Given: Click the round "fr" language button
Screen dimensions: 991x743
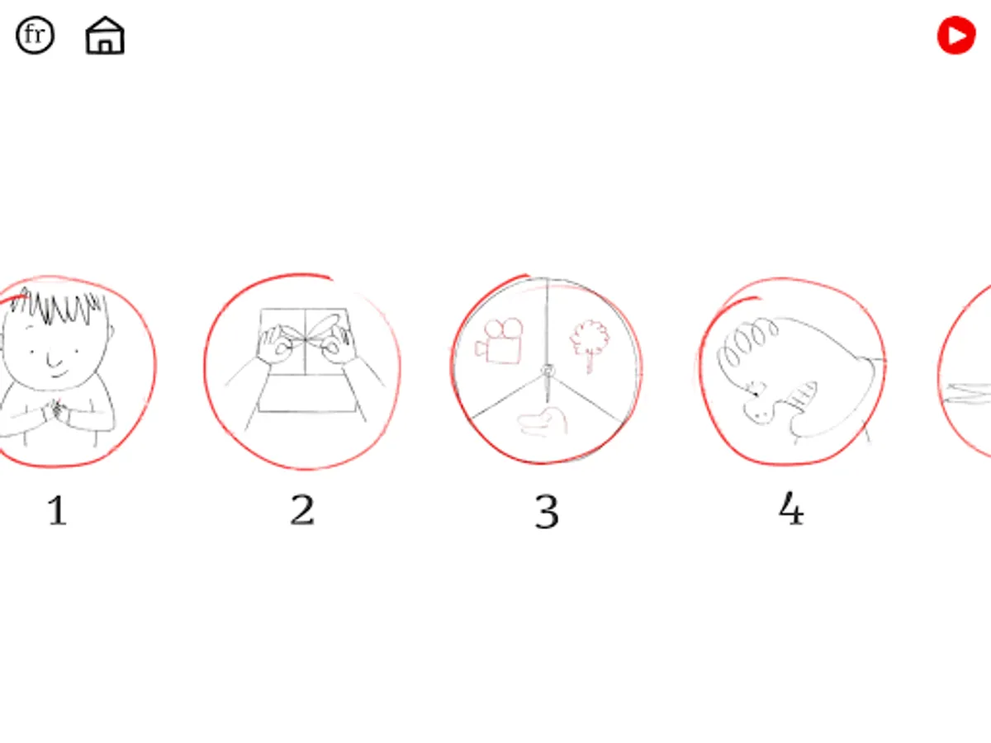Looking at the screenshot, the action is (x=36, y=35).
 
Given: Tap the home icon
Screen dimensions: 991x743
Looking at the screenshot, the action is (x=105, y=35).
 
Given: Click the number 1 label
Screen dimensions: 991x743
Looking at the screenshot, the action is (x=57, y=510).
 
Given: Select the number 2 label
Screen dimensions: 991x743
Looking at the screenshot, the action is (x=302, y=509).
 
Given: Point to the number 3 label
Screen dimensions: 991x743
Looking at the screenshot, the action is (x=547, y=511).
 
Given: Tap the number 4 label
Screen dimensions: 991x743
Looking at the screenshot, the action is (x=791, y=509).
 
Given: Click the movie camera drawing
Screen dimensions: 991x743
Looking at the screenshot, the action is (x=499, y=341).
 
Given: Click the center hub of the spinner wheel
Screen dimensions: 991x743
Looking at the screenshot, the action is (x=548, y=371).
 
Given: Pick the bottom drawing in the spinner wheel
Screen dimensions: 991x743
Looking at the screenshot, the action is (x=543, y=421).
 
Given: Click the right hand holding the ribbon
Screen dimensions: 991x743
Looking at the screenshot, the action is (x=339, y=346).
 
